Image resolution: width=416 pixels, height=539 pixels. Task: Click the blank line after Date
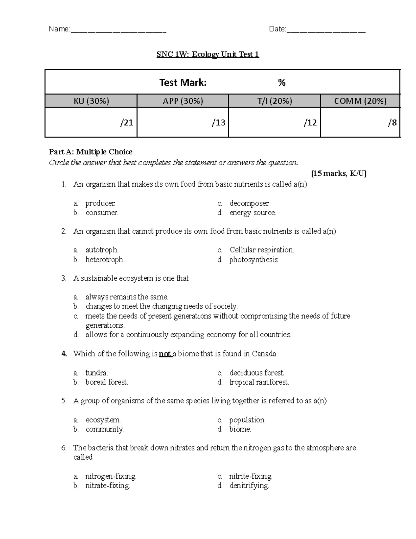point(326,30)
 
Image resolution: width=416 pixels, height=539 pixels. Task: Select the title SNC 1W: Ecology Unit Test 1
point(208,54)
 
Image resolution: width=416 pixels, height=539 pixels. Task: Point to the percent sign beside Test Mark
point(281,83)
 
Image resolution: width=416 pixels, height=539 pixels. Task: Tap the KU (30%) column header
point(91,101)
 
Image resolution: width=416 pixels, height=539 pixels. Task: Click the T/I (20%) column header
point(275,101)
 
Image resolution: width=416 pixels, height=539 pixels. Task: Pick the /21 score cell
point(92,123)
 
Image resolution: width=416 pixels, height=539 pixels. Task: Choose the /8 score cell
point(360,123)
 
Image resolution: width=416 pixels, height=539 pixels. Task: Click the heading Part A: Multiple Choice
point(90,152)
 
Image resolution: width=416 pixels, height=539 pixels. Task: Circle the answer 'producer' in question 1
point(100,203)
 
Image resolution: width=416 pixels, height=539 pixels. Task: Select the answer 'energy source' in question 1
point(252,213)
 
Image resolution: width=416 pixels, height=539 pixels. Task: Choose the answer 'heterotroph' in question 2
point(105,260)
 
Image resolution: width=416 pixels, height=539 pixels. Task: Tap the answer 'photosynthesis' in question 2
point(253,260)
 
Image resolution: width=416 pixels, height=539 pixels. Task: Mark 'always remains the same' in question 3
point(127,297)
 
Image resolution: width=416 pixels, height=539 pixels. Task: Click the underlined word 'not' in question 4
point(165,354)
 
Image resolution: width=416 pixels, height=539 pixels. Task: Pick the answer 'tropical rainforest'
point(259,382)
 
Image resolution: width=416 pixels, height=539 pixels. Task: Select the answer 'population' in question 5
point(247,420)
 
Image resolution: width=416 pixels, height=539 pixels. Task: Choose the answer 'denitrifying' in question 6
point(249,486)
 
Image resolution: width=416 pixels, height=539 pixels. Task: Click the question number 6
point(63,448)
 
